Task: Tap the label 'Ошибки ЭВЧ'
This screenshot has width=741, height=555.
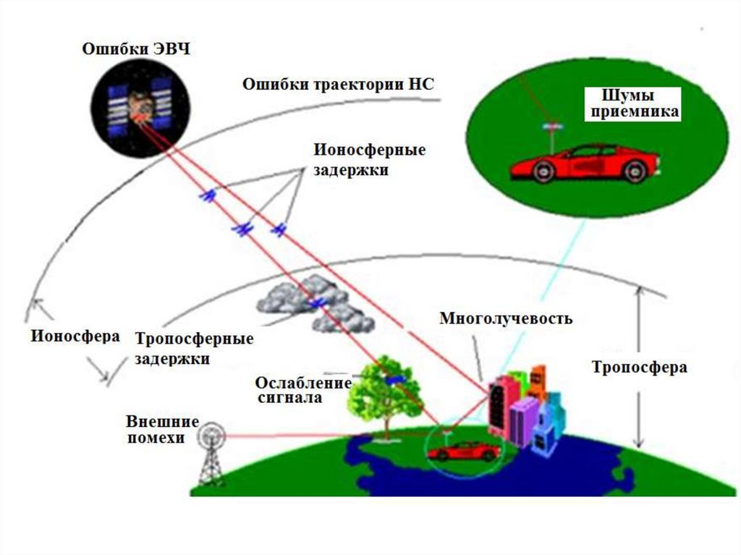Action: pyautogui.click(x=137, y=49)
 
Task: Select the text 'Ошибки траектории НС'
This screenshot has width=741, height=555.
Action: pyautogui.click(x=338, y=83)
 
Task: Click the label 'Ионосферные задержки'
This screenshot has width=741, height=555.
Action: pyautogui.click(x=369, y=161)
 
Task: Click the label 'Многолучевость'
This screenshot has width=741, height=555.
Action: pyautogui.click(x=507, y=318)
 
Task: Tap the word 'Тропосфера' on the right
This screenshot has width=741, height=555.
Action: pyautogui.click(x=640, y=368)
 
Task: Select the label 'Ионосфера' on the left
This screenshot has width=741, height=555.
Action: pyautogui.click(x=75, y=336)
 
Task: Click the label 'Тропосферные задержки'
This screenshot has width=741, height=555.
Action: pyautogui.click(x=194, y=348)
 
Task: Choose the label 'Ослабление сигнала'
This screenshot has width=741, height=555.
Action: pyautogui.click(x=303, y=390)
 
